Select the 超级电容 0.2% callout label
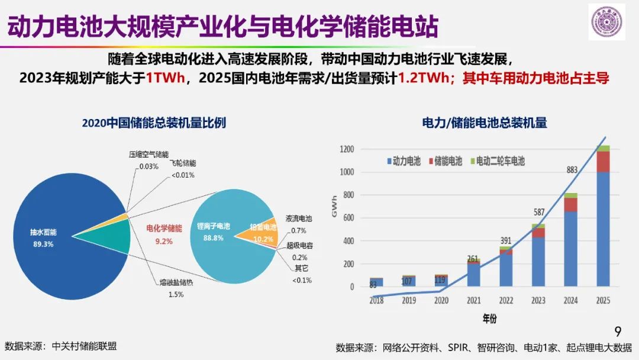(299, 250)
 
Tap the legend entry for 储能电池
(444, 161)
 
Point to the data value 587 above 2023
(538, 212)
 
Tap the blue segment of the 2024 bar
(570, 249)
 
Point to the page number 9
(618, 331)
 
